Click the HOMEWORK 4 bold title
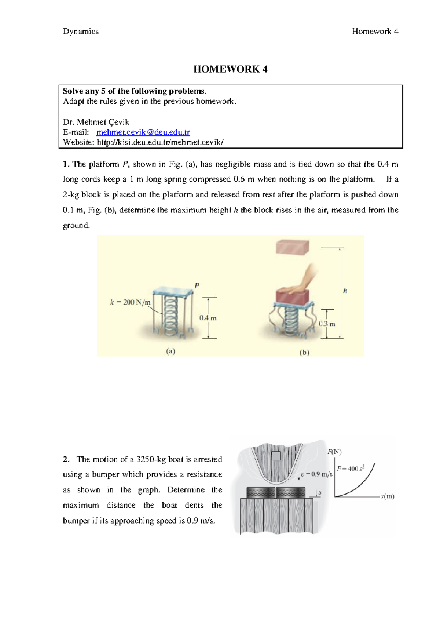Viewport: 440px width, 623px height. [x=230, y=69]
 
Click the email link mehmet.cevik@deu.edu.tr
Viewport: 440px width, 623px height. [x=143, y=132]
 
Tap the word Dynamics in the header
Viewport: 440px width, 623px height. [x=81, y=32]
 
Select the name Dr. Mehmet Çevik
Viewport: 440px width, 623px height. [x=96, y=122]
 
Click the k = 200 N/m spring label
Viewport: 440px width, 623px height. [x=130, y=302]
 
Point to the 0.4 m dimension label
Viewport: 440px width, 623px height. [x=208, y=318]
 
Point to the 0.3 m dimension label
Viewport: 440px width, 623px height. [x=327, y=324]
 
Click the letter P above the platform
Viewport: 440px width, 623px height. [x=197, y=285]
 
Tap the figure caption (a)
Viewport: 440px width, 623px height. [x=170, y=351]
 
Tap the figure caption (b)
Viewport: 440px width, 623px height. [x=304, y=353]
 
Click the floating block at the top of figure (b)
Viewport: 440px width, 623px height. [x=293, y=247]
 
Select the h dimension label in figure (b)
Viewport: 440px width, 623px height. [x=345, y=291]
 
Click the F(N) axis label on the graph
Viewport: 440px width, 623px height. [x=334, y=452]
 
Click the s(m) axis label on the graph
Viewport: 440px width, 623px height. [x=387, y=496]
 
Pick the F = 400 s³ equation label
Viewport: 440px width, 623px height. [x=351, y=469]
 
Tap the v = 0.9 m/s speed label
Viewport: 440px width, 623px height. [x=316, y=474]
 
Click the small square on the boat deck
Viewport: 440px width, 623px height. [x=276, y=456]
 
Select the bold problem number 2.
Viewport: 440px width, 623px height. [x=66, y=459]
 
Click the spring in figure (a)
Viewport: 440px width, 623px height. [x=171, y=316]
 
